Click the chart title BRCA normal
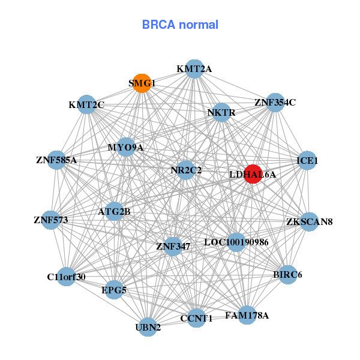(x=180, y=25)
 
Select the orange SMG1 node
(x=142, y=83)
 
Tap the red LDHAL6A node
(x=253, y=174)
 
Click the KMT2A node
(x=194, y=69)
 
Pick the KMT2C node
(x=87, y=105)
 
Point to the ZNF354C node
(x=275, y=102)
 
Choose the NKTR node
(x=221, y=112)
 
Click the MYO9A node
(x=125, y=147)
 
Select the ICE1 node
(x=307, y=160)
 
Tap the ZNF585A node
(x=56, y=160)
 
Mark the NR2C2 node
(x=186, y=170)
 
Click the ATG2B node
(x=114, y=211)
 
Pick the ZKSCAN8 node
(x=309, y=221)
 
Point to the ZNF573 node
(x=51, y=220)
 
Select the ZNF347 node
(x=173, y=246)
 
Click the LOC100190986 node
(x=236, y=242)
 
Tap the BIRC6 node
(x=287, y=275)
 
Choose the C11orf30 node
(x=66, y=277)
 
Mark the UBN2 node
(x=148, y=328)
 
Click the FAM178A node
(x=247, y=315)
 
